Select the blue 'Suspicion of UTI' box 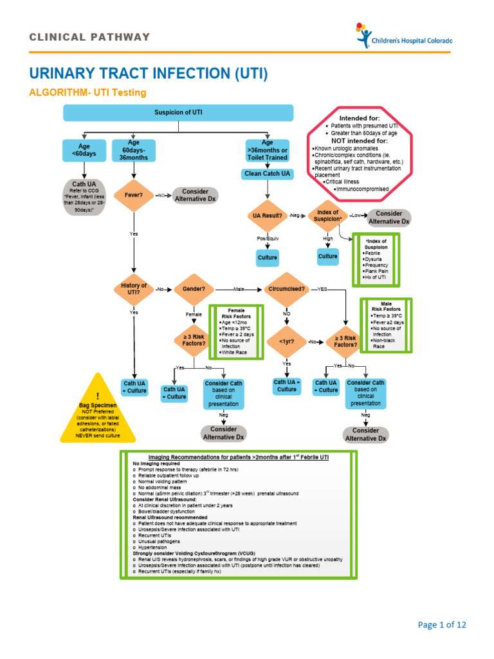point(178,113)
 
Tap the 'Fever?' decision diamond point(133,194)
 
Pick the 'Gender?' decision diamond point(194,290)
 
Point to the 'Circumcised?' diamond point(287,290)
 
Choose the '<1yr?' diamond point(287,341)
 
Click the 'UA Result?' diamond point(268,216)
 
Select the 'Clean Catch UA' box point(268,174)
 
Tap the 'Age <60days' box point(84,151)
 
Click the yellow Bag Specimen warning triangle point(98,412)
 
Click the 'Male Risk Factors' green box point(386,325)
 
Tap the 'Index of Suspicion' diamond point(327,216)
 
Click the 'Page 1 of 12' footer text point(442,624)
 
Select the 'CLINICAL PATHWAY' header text point(89,37)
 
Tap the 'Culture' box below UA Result point(268,257)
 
